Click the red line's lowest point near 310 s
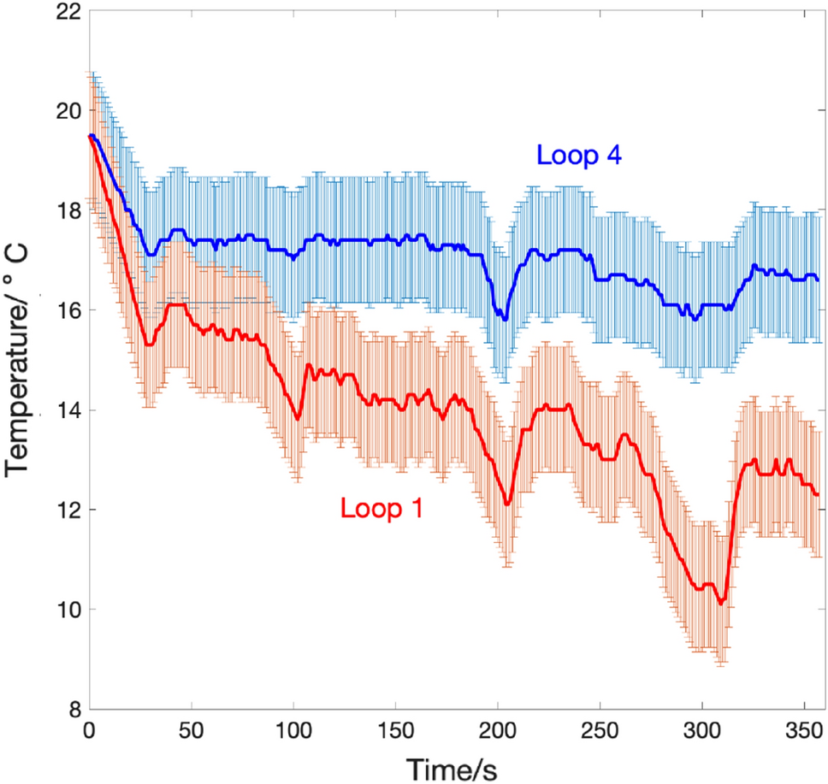point(721,603)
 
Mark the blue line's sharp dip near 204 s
point(506,319)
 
